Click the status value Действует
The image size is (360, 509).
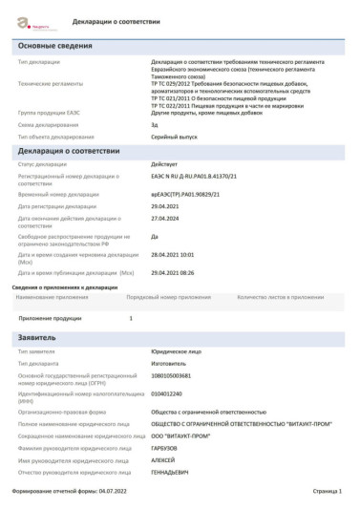coord(166,164)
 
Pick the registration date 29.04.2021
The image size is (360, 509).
coord(168,205)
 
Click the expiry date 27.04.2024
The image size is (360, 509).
coord(168,218)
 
